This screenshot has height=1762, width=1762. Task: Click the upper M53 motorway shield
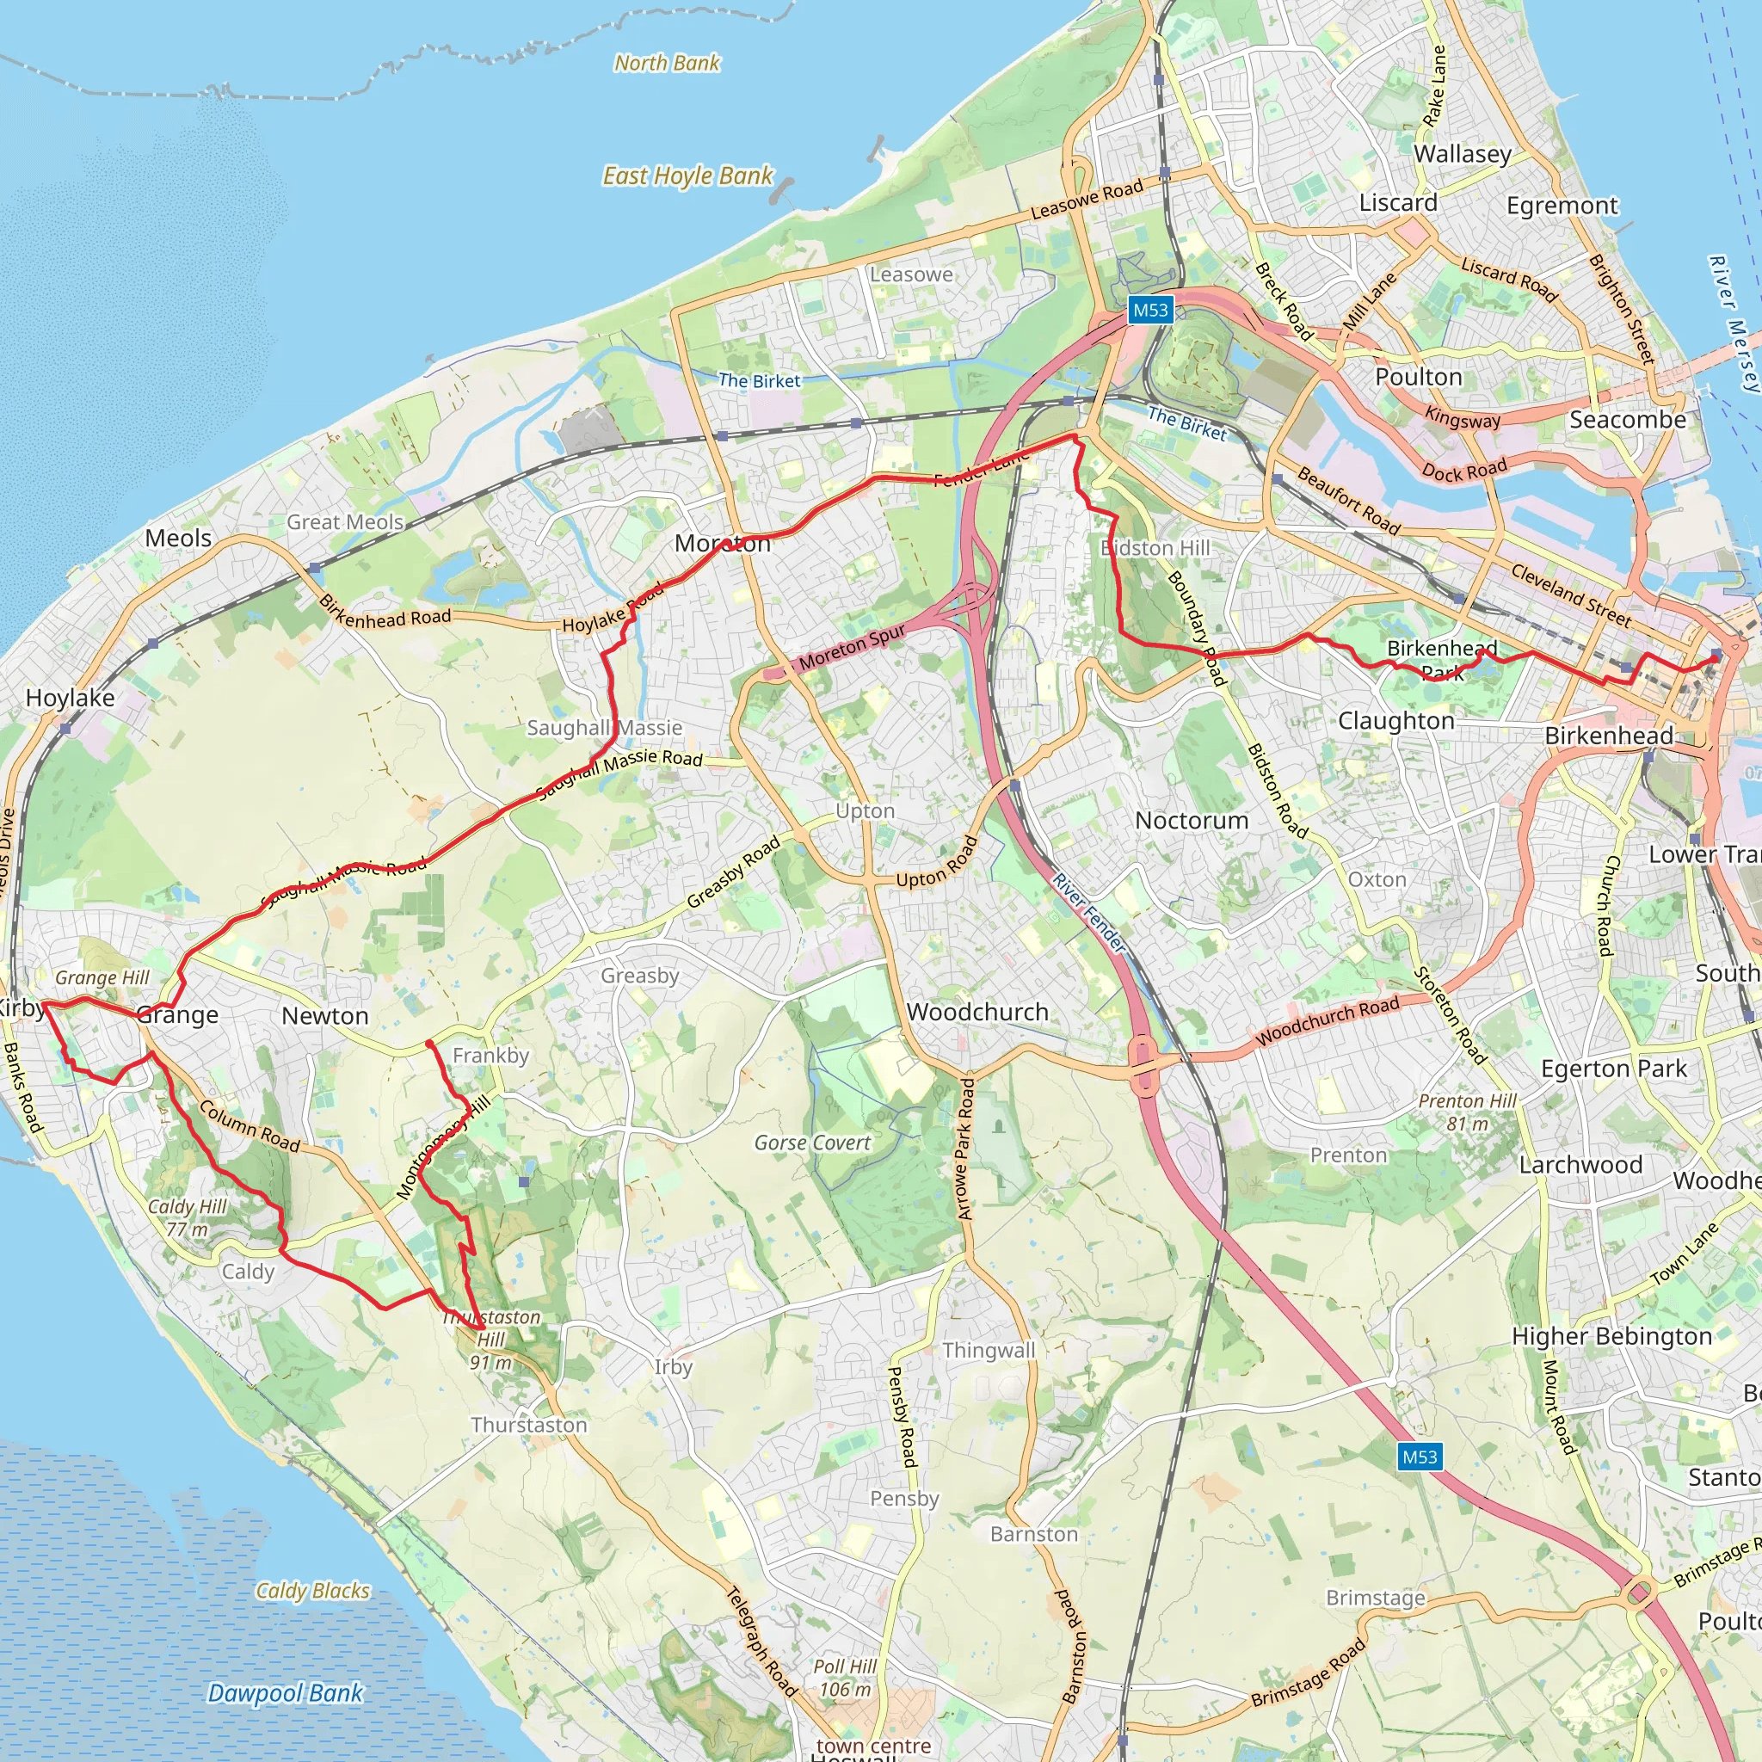pyautogui.click(x=1150, y=310)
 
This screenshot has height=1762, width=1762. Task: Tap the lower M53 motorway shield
pyautogui.click(x=1419, y=1457)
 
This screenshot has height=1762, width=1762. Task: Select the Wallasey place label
pyautogui.click(x=1462, y=153)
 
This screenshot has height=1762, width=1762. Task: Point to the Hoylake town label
pyautogui.click(x=71, y=698)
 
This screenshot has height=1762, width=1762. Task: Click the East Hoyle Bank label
pyautogui.click(x=687, y=176)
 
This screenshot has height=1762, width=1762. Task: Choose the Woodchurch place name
pyautogui.click(x=976, y=1012)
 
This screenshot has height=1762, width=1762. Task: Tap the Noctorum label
pyautogui.click(x=1191, y=820)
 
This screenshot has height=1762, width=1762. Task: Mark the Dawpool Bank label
pyautogui.click(x=285, y=1692)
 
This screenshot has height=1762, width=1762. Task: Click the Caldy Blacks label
pyautogui.click(x=313, y=1591)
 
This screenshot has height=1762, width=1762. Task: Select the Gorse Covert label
pyautogui.click(x=811, y=1143)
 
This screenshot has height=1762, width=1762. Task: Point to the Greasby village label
pyautogui.click(x=639, y=975)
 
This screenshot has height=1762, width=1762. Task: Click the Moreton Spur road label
pyautogui.click(x=853, y=646)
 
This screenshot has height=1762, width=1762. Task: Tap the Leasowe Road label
pyautogui.click(x=1087, y=199)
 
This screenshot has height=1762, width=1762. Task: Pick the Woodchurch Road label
pyautogui.click(x=1327, y=1020)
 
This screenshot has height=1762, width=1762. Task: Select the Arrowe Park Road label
pyautogui.click(x=965, y=1149)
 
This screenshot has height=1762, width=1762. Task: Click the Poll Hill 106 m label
pyautogui.click(x=845, y=1678)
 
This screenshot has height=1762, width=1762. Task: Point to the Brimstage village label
pyautogui.click(x=1376, y=1598)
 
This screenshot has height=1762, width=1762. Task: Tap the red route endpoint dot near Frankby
pyautogui.click(x=429, y=1044)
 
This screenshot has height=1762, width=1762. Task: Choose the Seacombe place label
pyautogui.click(x=1627, y=420)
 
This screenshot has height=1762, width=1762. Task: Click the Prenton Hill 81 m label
pyautogui.click(x=1467, y=1112)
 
